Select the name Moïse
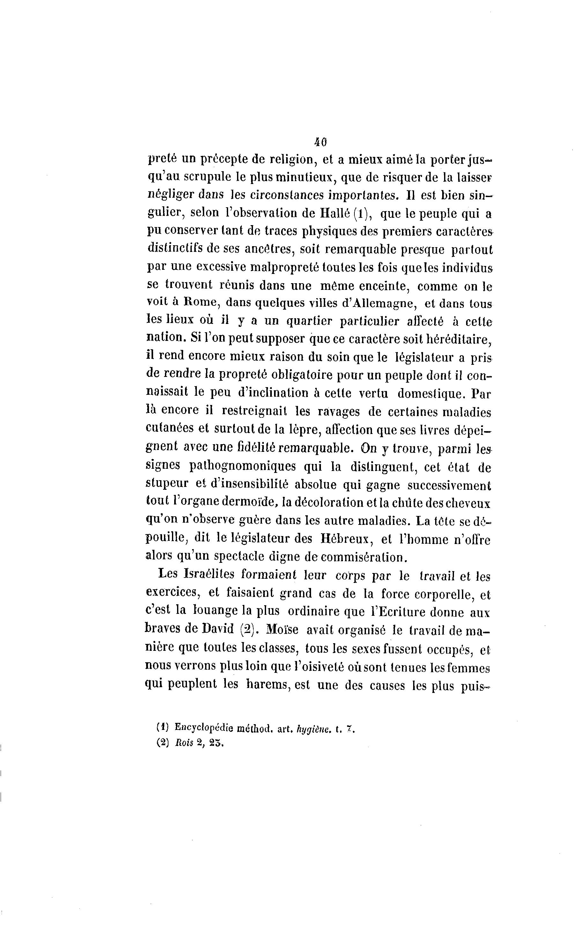point(282,629)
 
